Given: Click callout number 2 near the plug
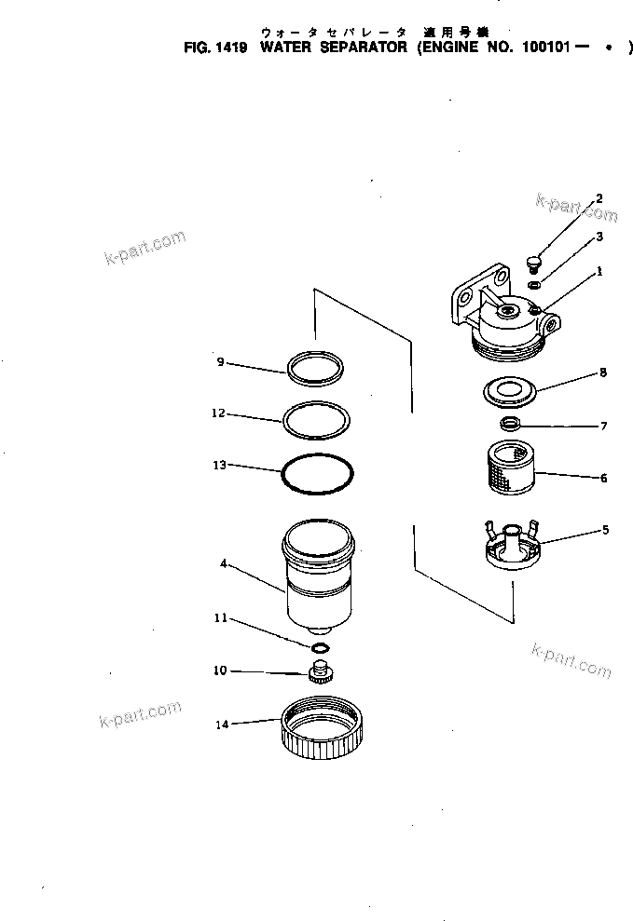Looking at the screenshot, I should (599, 198).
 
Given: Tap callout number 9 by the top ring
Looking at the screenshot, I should (220, 361).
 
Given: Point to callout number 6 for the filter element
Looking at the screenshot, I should (603, 478).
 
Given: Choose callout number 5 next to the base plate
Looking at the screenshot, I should (605, 530).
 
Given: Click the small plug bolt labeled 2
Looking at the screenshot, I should (535, 262).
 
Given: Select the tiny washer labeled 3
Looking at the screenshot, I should (533, 283).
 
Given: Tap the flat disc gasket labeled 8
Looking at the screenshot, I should (509, 391).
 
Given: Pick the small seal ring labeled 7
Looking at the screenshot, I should (509, 426).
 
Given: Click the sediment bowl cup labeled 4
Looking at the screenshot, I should (318, 577).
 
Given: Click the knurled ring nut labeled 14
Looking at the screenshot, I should (320, 732).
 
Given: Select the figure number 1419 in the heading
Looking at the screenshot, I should (230, 46).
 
